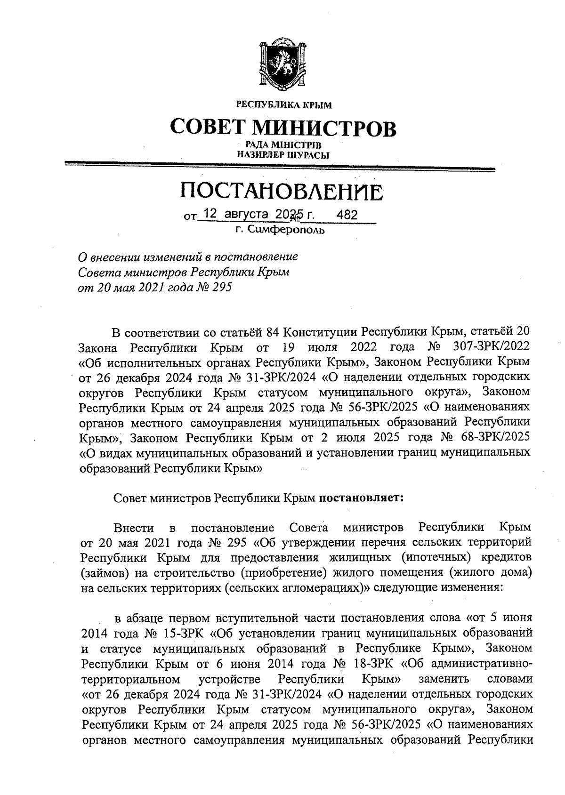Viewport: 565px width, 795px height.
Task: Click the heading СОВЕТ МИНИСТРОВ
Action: (x=282, y=127)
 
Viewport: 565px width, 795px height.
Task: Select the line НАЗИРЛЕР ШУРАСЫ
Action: (x=282, y=154)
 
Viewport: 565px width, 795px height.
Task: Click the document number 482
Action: (x=347, y=215)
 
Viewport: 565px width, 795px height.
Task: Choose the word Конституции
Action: (x=323, y=333)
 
